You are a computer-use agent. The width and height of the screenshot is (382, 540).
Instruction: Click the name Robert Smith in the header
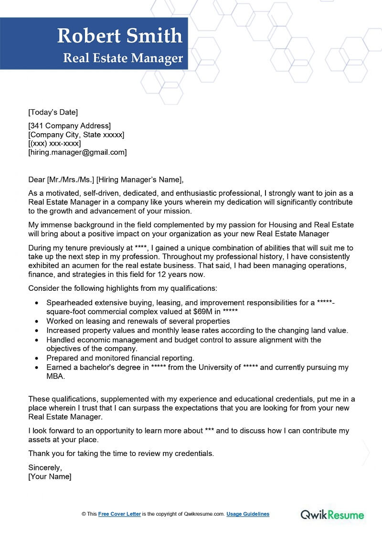pyautogui.click(x=120, y=36)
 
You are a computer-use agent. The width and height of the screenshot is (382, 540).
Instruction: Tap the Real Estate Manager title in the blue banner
pyautogui.click(x=123, y=58)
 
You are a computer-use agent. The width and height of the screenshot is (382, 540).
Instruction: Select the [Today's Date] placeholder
pyautogui.click(x=53, y=112)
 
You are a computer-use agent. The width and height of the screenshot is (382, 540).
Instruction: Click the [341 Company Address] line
pyautogui.click(x=70, y=126)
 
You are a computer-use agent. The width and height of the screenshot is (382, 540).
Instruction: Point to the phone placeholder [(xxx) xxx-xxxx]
pyautogui.click(x=55, y=144)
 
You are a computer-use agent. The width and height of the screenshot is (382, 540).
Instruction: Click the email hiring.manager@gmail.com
pyautogui.click(x=78, y=152)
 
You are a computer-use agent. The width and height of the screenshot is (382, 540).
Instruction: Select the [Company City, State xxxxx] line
pyautogui.click(x=76, y=135)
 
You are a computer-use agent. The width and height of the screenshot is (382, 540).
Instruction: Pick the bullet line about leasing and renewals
pyautogui.click(x=138, y=321)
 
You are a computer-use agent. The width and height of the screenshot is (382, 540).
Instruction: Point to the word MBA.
pyautogui.click(x=55, y=376)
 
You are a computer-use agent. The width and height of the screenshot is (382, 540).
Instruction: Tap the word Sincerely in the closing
pyautogui.click(x=45, y=467)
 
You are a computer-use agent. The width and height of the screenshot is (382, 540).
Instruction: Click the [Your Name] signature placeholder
pyautogui.click(x=50, y=476)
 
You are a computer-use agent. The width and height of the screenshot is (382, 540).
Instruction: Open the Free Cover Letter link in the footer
pyautogui.click(x=119, y=514)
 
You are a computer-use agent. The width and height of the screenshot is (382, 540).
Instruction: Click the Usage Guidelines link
pyautogui.click(x=248, y=514)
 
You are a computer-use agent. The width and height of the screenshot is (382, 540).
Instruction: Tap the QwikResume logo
pyautogui.click(x=332, y=514)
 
